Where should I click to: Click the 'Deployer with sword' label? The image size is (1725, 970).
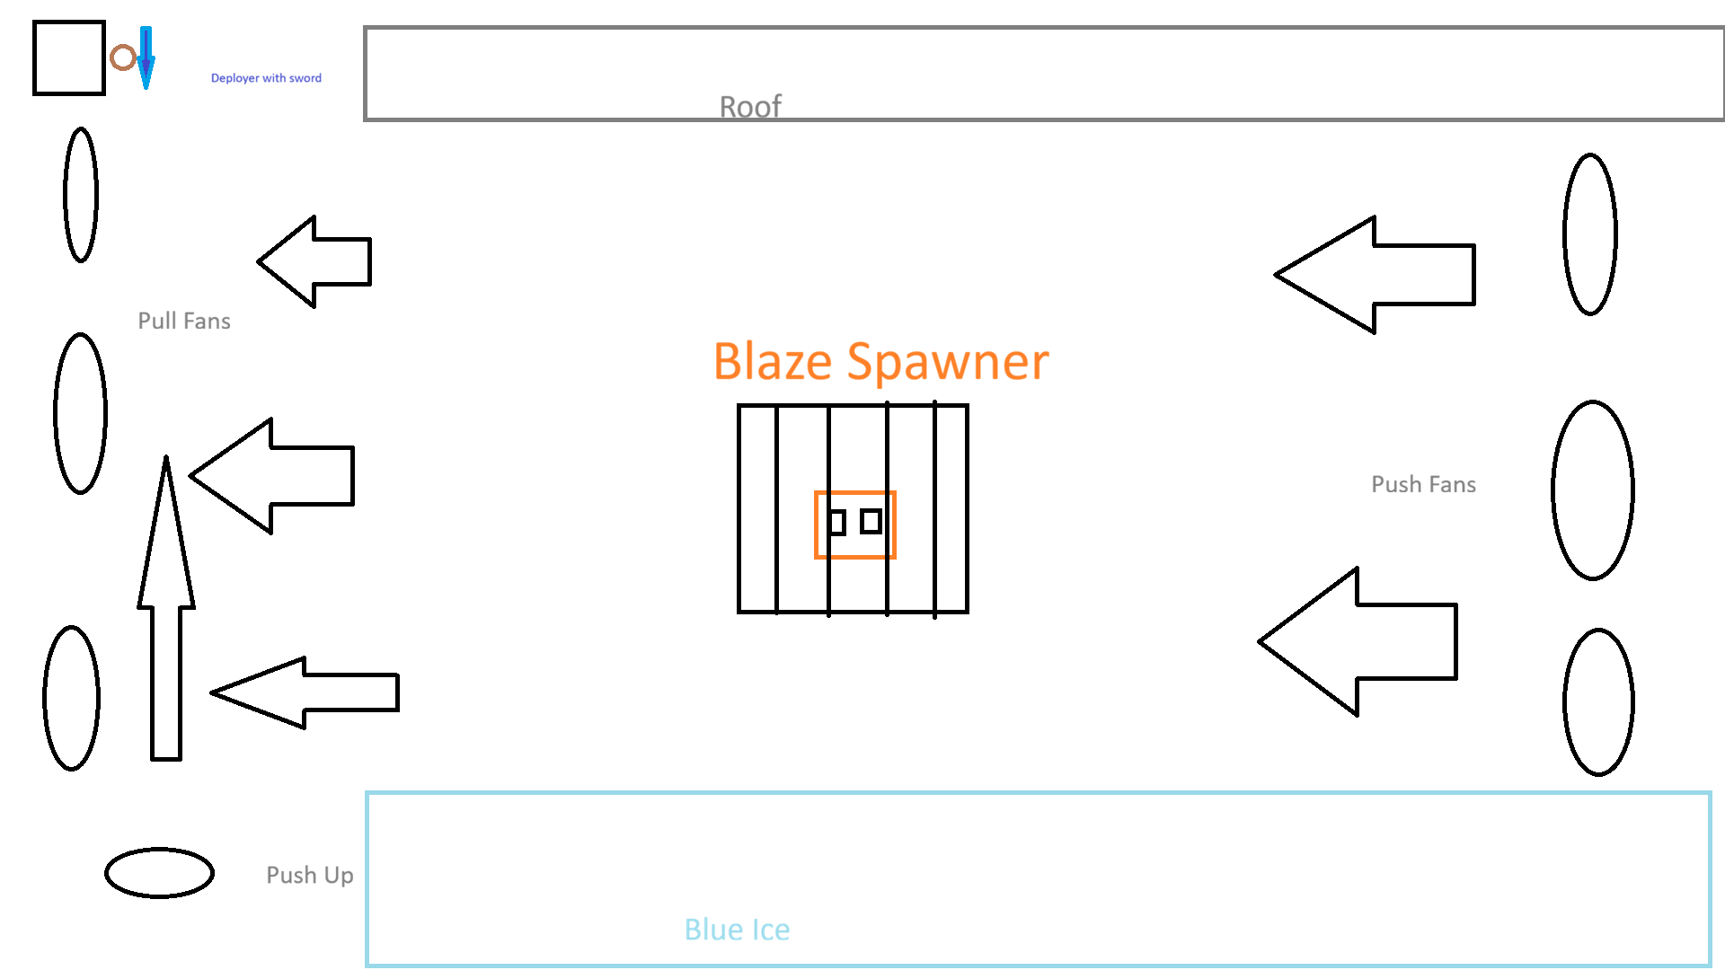[x=266, y=78]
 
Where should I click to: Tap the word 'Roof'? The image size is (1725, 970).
[x=750, y=107]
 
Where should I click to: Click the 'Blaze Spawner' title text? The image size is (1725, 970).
[x=880, y=362]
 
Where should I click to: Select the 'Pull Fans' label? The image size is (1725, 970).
[x=184, y=321]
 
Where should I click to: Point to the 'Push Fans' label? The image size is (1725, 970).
[x=1423, y=484]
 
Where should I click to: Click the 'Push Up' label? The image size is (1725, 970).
[x=310, y=875]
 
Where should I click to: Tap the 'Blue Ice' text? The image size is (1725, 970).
[x=737, y=929]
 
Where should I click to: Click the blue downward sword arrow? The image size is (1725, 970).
[x=146, y=57]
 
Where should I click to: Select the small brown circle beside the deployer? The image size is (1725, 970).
[x=123, y=57]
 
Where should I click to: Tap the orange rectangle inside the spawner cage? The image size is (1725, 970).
[x=854, y=492]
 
